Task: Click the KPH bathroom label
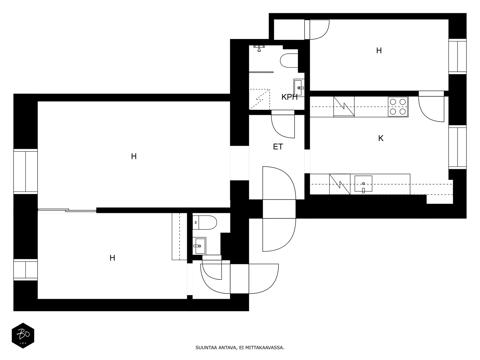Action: click(x=289, y=97)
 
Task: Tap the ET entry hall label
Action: click(x=278, y=147)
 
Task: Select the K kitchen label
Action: click(x=381, y=138)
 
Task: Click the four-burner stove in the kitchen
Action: click(x=398, y=107)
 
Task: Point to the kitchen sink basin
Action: click(x=363, y=184)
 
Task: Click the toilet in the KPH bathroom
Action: click(x=289, y=61)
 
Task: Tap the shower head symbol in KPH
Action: click(x=259, y=48)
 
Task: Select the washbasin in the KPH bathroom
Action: click(x=299, y=88)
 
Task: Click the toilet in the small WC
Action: click(x=205, y=223)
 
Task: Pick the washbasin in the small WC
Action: click(x=199, y=246)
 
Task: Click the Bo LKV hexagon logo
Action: click(x=23, y=335)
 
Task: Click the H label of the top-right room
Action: click(x=379, y=51)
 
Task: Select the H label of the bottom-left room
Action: click(x=112, y=258)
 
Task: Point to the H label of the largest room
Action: click(x=134, y=157)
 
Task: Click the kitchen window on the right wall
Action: click(x=457, y=147)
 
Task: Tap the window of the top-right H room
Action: click(x=457, y=56)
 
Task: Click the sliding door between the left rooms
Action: click(x=67, y=211)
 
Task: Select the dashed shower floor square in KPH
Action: click(x=259, y=100)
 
